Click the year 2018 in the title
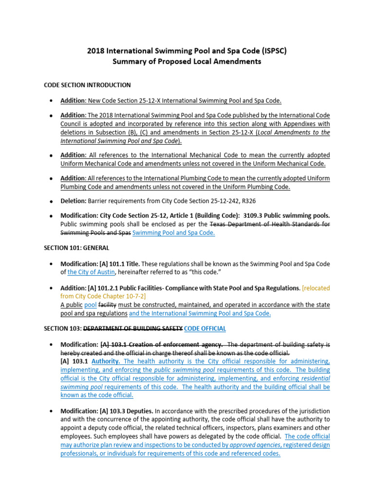(96, 50)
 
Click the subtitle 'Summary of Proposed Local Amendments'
(187, 61)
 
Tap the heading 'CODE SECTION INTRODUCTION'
(87, 85)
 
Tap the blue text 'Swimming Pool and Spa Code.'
(174, 233)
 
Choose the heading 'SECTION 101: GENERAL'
(76, 248)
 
